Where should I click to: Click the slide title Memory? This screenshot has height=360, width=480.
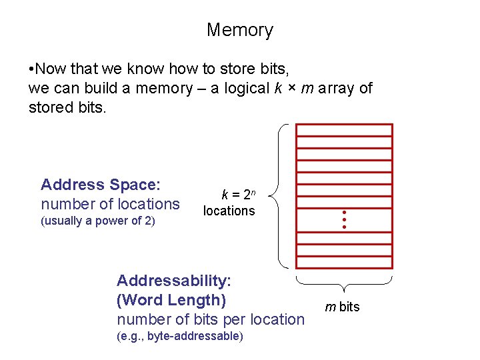[x=239, y=30]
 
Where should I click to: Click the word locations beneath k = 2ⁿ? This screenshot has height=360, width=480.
[x=229, y=211]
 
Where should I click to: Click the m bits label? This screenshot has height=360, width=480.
[x=342, y=307]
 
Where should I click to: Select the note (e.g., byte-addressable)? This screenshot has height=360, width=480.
[x=180, y=336]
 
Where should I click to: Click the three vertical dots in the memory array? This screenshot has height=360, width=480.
[x=345, y=220]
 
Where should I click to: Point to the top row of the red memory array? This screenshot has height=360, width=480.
[x=344, y=130]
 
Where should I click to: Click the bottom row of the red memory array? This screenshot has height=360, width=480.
[x=344, y=263]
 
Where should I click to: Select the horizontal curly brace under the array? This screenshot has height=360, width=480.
[x=344, y=283]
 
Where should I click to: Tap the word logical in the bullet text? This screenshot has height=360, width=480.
[x=244, y=88]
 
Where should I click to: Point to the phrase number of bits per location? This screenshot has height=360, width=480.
[x=210, y=319]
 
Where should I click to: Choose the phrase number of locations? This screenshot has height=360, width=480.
[x=110, y=204]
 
